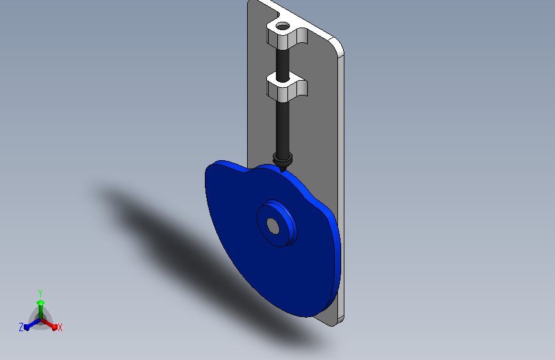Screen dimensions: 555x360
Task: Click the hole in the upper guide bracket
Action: pos(282,26)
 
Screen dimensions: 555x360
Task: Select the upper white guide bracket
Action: pos(287,35)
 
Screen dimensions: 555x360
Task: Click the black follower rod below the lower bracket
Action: pos(282,127)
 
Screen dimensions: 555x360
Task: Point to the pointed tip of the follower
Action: pos(282,172)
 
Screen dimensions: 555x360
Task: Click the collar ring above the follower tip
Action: pos(282,158)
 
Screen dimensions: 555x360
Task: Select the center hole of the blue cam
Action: pos(273,226)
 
